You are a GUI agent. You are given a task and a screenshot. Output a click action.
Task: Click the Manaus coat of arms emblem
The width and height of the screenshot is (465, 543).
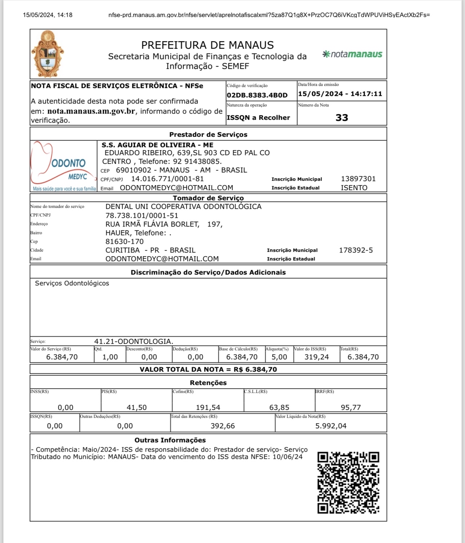pyautogui.click(x=48, y=54)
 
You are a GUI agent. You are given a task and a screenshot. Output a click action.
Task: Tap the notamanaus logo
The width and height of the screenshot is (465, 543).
pyautogui.click(x=352, y=54)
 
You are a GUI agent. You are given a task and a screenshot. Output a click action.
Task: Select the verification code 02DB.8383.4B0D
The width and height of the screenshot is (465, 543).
pyautogui.click(x=257, y=95)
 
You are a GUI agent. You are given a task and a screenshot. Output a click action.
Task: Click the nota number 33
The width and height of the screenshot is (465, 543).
pyautogui.click(x=342, y=118)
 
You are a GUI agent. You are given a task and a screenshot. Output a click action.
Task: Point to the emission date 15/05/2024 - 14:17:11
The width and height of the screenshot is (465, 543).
pyautogui.click(x=340, y=94)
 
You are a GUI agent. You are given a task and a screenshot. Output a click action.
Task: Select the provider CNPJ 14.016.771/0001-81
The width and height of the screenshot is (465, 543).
pyautogui.click(x=167, y=179)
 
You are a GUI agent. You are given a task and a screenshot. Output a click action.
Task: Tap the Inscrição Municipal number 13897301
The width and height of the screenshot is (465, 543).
pyautogui.click(x=358, y=179)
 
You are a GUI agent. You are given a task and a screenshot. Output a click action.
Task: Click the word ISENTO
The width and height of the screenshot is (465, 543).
pyautogui.click(x=354, y=188)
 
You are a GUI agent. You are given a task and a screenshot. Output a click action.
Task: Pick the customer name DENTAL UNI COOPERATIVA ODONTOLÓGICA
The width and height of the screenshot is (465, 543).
pyautogui.click(x=183, y=207)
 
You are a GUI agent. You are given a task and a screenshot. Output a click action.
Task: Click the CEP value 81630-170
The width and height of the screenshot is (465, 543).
pyautogui.click(x=124, y=241)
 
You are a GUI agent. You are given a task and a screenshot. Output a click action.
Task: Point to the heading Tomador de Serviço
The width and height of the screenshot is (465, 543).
pyautogui.click(x=208, y=198)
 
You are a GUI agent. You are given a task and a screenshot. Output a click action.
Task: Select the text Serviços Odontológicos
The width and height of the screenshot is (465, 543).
pyautogui.click(x=72, y=283)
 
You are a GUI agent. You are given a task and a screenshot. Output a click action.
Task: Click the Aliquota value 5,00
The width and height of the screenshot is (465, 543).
pyautogui.click(x=279, y=357)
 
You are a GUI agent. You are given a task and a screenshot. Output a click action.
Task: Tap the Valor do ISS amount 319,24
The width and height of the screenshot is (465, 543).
pyautogui.click(x=316, y=357)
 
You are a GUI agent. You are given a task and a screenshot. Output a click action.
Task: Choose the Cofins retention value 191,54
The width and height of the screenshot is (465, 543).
pyautogui.click(x=208, y=407)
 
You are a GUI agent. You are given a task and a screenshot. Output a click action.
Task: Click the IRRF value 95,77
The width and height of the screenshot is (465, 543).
pyautogui.click(x=351, y=407)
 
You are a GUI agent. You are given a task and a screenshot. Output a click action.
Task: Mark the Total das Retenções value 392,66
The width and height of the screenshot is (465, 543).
pyautogui.click(x=223, y=426)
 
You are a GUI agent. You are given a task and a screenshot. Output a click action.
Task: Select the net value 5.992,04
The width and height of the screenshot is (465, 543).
pyautogui.click(x=331, y=426)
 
